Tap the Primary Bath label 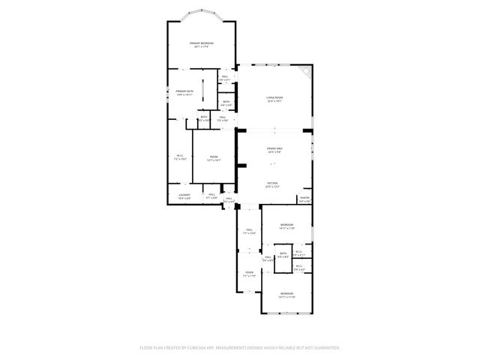pos(184,93)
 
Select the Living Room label pos(274,99)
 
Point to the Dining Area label pos(274,150)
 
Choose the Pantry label pos(304,199)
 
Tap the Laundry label pos(184,196)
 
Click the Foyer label pos(249,274)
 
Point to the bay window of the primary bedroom pos(201,13)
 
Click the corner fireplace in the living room pos(304,72)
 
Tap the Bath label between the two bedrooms pos(283,255)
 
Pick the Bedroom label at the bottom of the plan pos(287,295)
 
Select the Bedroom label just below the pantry pos(287,226)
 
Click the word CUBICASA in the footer pos(214,348)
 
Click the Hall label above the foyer pos(249,232)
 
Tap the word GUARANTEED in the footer pos(325,348)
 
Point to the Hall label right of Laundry pos(211,196)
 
